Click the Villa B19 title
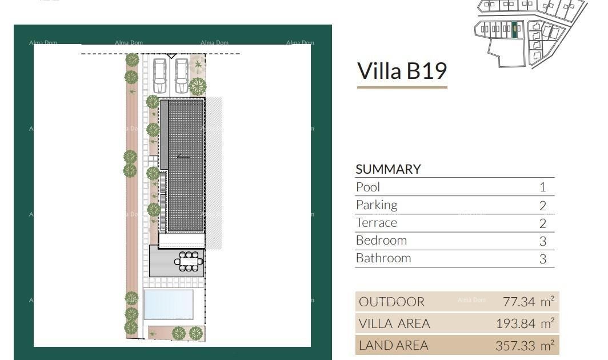point(402,71)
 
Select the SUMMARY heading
point(388,169)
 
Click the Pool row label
point(367,187)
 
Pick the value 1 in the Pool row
point(542,187)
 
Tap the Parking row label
point(376,205)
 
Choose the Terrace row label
point(376,222)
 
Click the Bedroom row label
point(381,240)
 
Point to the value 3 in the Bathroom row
point(542,258)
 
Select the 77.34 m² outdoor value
point(528,301)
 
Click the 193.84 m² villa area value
point(525,323)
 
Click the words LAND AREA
point(393,345)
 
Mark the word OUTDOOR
point(391,301)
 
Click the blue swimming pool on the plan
point(168,304)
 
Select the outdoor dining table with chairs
point(188,261)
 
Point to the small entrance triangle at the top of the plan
point(171,56)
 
